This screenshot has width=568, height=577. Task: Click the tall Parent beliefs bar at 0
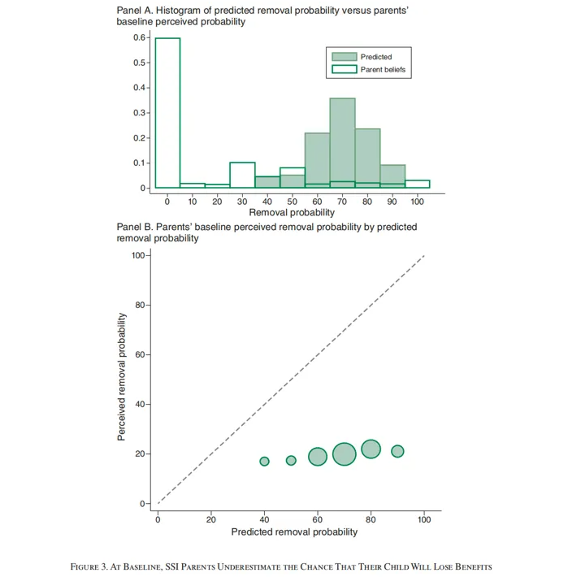coord(167,113)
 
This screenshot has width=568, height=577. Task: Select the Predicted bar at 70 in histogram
coord(342,142)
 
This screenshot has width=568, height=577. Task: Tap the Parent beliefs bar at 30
coord(242,175)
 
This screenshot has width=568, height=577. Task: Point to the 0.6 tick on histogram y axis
coord(139,37)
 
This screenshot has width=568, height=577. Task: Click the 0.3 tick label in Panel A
coord(139,112)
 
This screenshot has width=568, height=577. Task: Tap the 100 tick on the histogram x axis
coord(417,200)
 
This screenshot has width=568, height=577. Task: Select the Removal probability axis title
coord(291,211)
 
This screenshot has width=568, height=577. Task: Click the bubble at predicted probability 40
coord(264,462)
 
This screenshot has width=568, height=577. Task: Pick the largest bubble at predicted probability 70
coord(345,454)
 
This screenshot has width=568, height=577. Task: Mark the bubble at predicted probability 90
coord(397,451)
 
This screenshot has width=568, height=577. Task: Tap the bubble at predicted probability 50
coord(291,460)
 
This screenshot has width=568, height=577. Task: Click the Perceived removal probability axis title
coord(121,379)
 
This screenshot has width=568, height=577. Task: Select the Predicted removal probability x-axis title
coord(294,532)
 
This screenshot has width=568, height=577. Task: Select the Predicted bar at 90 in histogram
coord(392,176)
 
